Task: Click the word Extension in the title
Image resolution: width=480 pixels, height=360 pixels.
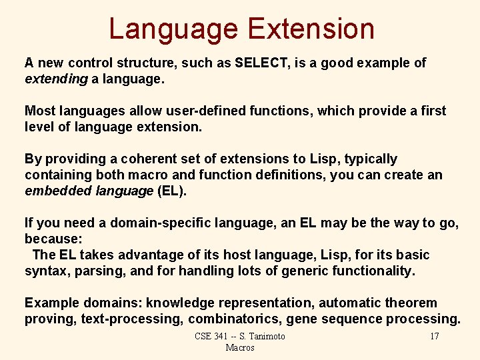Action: [x=311, y=29]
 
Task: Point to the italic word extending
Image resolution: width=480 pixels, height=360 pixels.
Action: [x=56, y=79]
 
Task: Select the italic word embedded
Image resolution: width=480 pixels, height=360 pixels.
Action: [x=58, y=191]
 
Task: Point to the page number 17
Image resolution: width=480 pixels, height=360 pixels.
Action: [x=434, y=336]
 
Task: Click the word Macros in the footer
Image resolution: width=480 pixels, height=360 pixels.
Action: [x=240, y=347]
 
